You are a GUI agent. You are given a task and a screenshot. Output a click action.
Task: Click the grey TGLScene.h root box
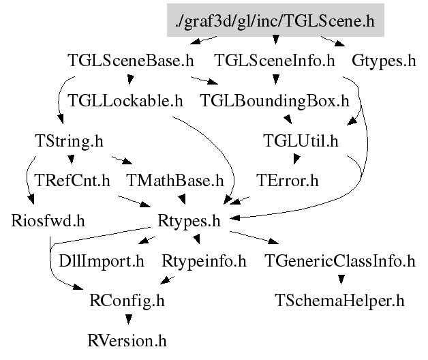(x=275, y=20)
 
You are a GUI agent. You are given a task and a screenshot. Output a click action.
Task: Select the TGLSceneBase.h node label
(x=131, y=61)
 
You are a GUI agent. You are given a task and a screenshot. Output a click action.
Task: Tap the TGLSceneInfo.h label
(x=275, y=61)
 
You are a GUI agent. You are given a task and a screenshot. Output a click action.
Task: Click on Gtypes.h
(x=384, y=61)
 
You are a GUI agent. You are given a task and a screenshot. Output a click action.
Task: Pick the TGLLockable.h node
(x=125, y=100)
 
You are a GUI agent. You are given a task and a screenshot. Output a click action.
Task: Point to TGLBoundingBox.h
(x=275, y=101)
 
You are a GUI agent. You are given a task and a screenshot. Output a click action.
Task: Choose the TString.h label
(x=69, y=141)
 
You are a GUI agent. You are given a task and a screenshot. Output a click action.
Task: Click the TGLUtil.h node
(x=301, y=140)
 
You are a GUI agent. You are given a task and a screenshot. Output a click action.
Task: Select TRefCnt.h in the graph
(x=72, y=181)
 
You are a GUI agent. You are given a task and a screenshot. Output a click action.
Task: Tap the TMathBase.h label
(x=174, y=181)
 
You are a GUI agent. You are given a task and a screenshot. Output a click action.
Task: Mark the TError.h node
(x=288, y=181)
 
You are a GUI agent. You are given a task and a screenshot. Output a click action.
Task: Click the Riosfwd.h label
(x=48, y=221)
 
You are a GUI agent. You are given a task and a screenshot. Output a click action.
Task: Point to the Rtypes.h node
(x=189, y=221)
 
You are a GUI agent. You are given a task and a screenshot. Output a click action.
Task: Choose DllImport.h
(x=102, y=261)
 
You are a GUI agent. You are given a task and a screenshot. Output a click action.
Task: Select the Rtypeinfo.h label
(x=204, y=261)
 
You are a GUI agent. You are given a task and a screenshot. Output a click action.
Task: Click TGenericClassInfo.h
(x=340, y=261)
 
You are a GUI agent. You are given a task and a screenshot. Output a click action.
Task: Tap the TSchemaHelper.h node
(x=339, y=301)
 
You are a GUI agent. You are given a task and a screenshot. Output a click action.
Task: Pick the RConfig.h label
(x=127, y=301)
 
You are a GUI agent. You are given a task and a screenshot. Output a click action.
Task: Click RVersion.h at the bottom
(x=127, y=341)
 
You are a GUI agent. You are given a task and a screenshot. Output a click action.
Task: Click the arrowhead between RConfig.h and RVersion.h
(x=129, y=320)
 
